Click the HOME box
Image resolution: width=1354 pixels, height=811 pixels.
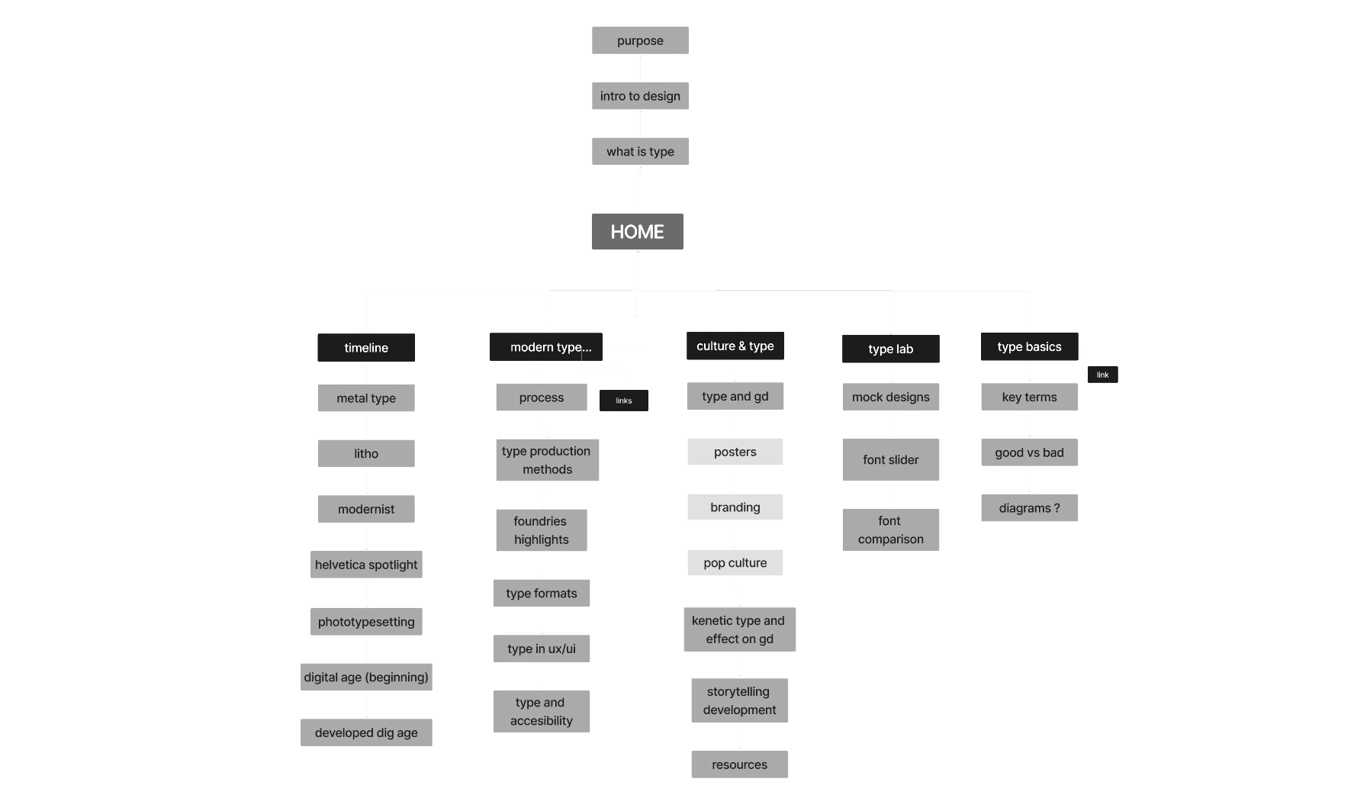[637, 231]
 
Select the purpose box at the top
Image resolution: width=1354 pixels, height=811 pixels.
[640, 40]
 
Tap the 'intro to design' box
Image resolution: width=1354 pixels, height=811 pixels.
[640, 96]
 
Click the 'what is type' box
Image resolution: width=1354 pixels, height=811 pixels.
[640, 151]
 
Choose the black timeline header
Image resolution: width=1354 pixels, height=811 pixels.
[366, 348]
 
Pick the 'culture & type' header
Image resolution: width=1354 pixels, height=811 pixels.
[735, 346]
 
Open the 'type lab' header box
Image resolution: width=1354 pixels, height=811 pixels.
[891, 349]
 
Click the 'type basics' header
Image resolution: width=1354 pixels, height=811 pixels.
[1030, 346]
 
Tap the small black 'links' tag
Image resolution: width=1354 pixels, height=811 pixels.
[624, 401]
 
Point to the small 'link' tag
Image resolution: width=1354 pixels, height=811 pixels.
[1103, 375]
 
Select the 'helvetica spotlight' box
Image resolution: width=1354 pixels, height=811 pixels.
[366, 565]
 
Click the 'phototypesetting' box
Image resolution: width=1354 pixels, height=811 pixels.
[366, 622]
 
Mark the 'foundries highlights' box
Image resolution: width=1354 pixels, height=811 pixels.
[542, 530]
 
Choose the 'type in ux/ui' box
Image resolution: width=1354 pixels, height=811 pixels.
[542, 648]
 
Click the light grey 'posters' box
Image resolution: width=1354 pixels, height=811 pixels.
[735, 452]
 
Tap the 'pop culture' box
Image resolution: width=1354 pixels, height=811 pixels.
[735, 563]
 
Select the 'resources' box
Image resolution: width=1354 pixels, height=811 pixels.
[740, 764]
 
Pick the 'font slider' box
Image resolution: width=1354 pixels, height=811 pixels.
[891, 459]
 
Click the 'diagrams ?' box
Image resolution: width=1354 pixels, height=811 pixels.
[1030, 508]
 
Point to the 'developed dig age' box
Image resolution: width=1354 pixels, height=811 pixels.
[366, 732]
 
